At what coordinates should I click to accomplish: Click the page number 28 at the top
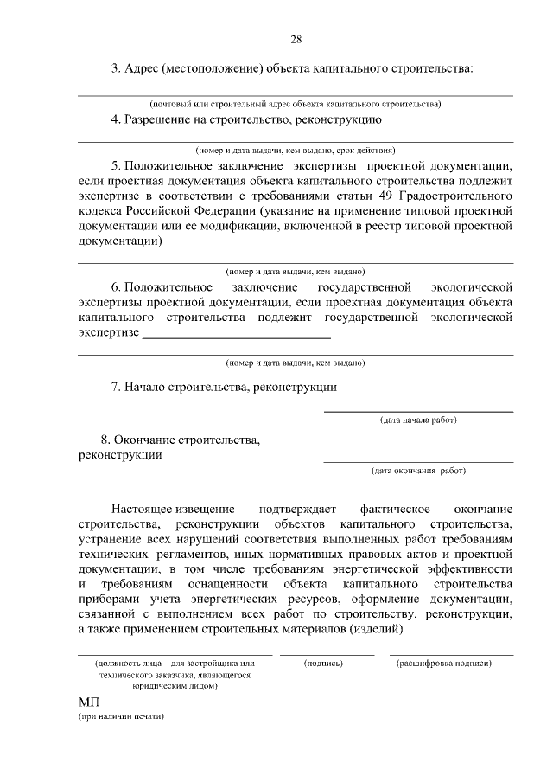pyautogui.click(x=296, y=40)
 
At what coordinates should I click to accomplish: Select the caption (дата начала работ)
pyautogui.click(x=418, y=420)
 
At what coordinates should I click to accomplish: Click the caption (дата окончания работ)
pyautogui.click(x=418, y=472)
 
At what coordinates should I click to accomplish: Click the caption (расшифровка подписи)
pyautogui.click(x=444, y=664)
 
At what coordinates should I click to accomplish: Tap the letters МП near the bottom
pyautogui.click(x=89, y=703)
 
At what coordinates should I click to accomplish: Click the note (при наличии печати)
pyautogui.click(x=121, y=718)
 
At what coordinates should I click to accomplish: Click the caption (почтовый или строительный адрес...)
pyautogui.click(x=296, y=104)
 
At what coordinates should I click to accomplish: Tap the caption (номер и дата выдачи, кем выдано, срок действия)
pyautogui.click(x=296, y=149)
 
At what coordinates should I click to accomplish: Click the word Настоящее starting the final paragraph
pyautogui.click(x=142, y=508)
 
